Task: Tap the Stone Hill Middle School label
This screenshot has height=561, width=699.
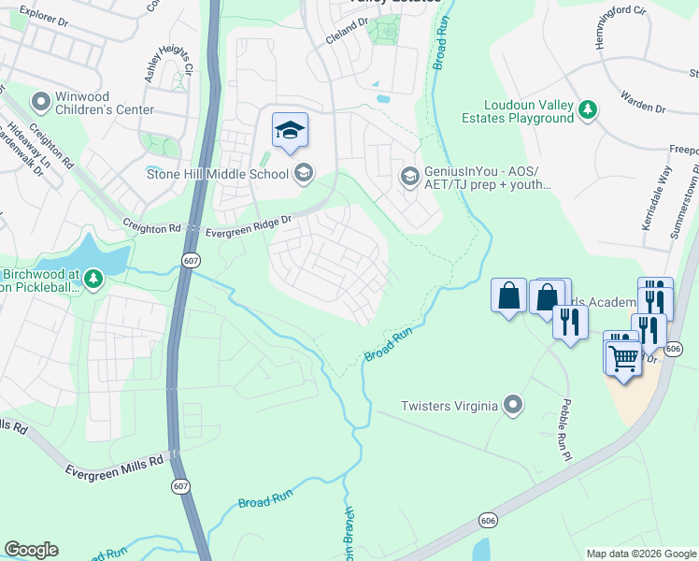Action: pos(218,173)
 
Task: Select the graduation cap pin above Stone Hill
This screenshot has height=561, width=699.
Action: pos(290,130)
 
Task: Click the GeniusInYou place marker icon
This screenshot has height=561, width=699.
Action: pos(409,176)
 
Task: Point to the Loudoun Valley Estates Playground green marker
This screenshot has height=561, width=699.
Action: pos(587,110)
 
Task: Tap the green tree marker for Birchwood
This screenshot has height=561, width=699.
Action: pos(93,279)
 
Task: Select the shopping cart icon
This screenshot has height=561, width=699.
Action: pos(622,356)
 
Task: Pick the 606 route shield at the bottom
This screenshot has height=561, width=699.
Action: pos(487,518)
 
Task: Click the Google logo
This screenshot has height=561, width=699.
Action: pos(31,550)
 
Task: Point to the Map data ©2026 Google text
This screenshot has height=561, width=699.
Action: pos(640,554)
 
